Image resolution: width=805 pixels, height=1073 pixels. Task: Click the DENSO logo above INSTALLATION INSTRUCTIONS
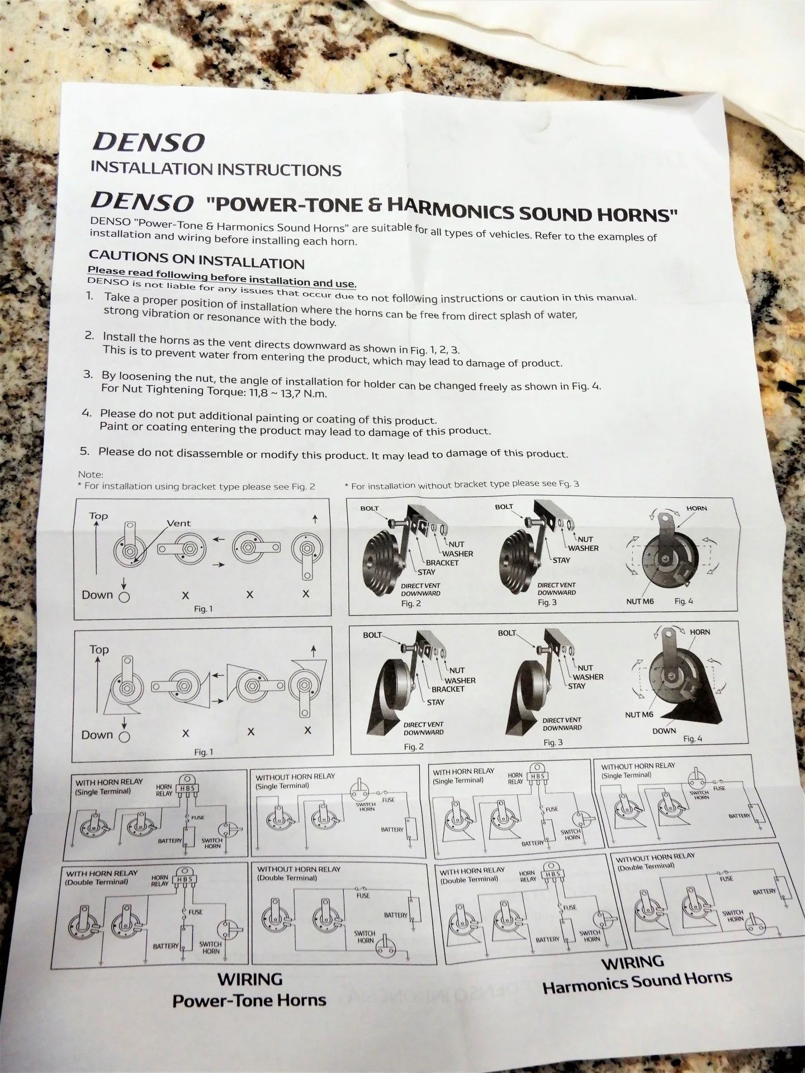coord(148,143)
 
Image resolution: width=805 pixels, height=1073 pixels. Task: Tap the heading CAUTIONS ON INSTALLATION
coord(197,260)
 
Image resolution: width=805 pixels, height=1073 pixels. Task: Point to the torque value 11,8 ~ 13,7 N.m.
coord(286,392)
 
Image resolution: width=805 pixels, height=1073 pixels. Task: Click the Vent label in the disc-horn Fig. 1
coord(179,524)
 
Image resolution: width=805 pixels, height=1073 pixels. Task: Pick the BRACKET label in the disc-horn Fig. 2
coord(442,563)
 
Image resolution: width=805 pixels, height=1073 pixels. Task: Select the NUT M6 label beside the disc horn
coord(640,601)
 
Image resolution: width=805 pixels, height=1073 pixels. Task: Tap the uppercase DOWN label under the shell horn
coord(664,731)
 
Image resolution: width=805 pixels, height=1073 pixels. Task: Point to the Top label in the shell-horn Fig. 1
coord(99,649)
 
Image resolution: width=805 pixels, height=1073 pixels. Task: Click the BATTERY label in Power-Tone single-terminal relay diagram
coord(170,841)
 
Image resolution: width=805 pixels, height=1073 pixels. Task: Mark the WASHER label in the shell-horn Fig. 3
coord(588,677)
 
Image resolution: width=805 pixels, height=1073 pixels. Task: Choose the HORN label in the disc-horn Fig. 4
coord(697,509)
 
